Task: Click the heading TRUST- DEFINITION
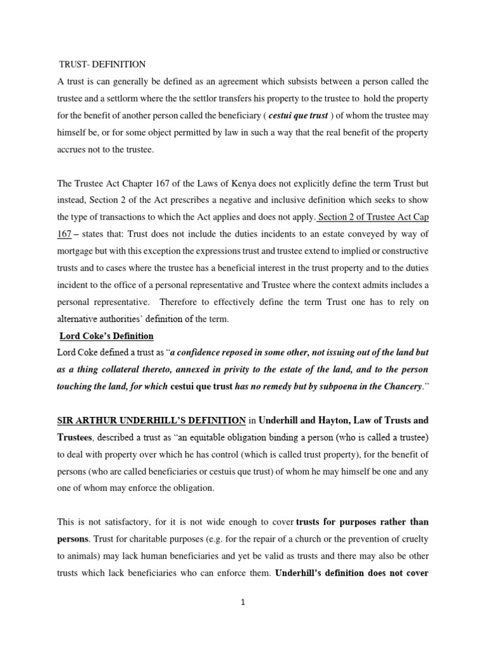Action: [102, 65]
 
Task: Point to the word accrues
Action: [73, 150]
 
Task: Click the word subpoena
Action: [333, 387]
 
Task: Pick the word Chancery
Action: [397, 387]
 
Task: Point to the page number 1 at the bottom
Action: [242, 602]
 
